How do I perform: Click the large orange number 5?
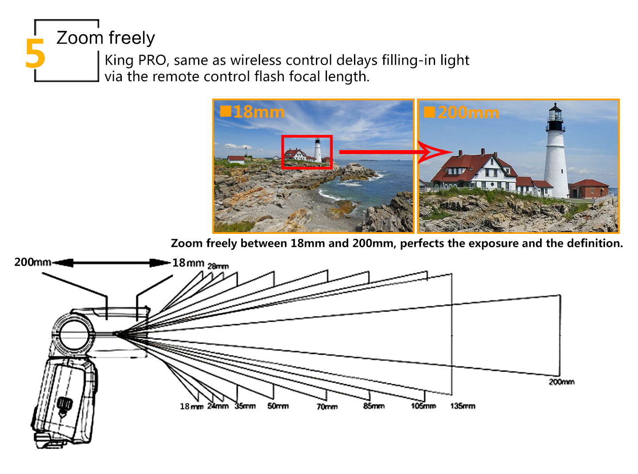(x=35, y=53)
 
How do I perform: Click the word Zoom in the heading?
(x=80, y=38)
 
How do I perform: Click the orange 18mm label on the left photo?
(x=258, y=112)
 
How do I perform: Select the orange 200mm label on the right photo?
(x=468, y=113)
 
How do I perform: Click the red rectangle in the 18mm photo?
(x=307, y=152)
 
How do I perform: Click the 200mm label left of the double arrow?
(x=32, y=262)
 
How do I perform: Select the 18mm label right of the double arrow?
(x=188, y=263)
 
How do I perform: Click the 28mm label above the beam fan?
(x=218, y=266)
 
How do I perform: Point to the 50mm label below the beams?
(x=278, y=406)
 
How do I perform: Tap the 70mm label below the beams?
(x=327, y=407)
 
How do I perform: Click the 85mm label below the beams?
(x=374, y=406)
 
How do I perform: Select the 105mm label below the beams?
(x=424, y=406)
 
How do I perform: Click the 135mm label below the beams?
(x=463, y=406)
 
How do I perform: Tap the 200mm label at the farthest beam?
(x=562, y=382)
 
